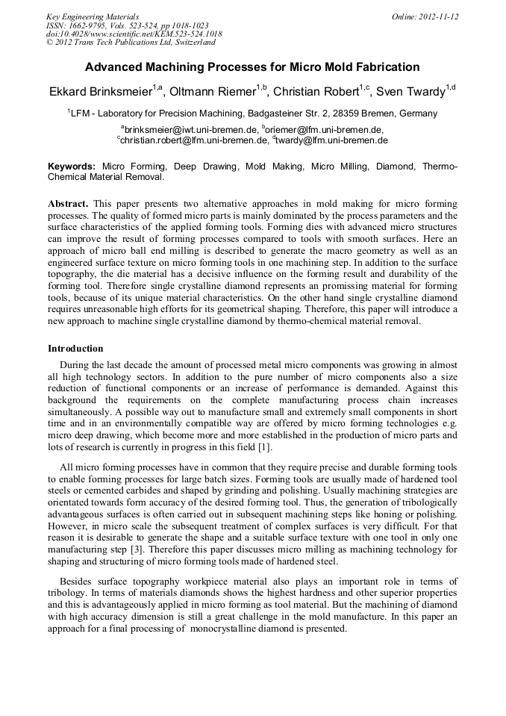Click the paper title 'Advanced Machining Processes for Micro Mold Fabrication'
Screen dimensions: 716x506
252,67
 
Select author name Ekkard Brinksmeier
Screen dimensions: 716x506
99,93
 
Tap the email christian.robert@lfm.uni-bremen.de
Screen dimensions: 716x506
193,140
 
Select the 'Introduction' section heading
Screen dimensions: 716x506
75,349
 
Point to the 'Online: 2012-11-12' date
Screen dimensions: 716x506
425,16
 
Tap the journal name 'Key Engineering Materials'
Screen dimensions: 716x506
93,16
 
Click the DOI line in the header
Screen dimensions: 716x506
134,34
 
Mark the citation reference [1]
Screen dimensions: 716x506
263,447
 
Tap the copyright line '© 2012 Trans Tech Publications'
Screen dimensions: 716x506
131,43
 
